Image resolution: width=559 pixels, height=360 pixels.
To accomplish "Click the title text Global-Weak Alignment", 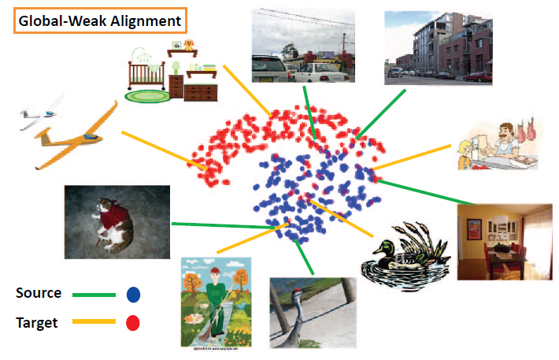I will point(99,21).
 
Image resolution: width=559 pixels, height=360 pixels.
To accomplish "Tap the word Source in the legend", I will point(39,293).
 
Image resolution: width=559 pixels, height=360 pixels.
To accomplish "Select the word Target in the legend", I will point(37,321).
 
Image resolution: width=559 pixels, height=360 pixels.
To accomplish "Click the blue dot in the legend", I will point(133,295).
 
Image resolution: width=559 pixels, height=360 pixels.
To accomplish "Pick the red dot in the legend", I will point(133,322).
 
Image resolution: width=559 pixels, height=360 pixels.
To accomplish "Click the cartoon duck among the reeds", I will point(398,254).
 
